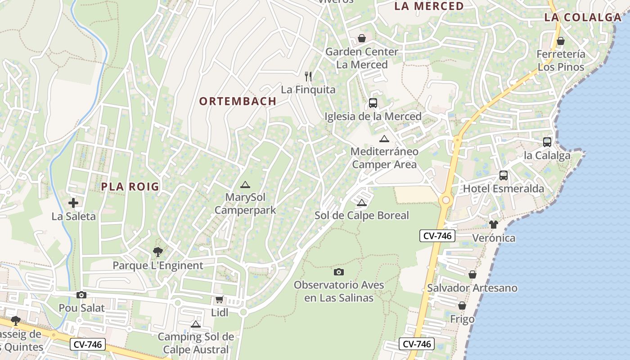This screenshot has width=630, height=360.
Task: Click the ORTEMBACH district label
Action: (238, 101)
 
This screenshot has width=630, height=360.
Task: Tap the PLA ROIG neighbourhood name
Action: (130, 186)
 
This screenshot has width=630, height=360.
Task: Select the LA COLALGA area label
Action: (583, 18)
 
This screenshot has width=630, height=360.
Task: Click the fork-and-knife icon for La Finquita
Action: (308, 76)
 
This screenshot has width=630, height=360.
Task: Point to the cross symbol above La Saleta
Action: (73, 203)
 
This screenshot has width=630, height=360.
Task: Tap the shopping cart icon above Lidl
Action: (220, 299)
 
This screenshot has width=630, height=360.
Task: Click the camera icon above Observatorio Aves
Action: (339, 272)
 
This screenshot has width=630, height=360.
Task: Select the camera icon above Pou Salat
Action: (81, 295)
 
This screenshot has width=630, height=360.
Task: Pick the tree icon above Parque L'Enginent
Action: (157, 252)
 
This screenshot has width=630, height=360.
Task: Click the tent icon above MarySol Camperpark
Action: (245, 184)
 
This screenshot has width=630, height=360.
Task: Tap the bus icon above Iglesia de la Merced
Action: (373, 103)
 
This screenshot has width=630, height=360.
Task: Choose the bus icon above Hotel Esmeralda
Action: (504, 175)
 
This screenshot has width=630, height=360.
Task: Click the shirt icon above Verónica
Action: (494, 225)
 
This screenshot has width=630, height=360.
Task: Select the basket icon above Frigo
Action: (462, 306)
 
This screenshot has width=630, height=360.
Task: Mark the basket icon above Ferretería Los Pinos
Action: (561, 41)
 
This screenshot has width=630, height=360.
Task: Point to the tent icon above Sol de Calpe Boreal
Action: (362, 203)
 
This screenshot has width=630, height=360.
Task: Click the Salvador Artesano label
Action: (472, 288)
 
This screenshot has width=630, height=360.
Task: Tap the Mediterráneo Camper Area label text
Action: (384, 158)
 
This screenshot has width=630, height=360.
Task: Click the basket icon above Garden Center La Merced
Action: (362, 38)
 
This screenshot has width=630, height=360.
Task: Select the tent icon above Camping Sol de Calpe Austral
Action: (195, 324)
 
